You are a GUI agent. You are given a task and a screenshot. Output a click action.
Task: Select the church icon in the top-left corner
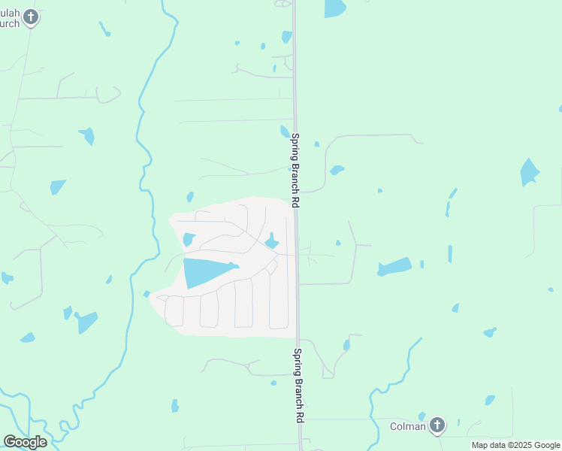tap(30, 17)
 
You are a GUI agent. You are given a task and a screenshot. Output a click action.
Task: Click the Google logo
tap(25, 442)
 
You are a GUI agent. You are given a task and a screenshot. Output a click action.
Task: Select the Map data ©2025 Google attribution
tap(515, 445)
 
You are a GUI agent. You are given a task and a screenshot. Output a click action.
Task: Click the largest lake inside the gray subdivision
tap(207, 272)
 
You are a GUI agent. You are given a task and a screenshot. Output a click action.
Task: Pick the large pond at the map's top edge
tap(335, 8)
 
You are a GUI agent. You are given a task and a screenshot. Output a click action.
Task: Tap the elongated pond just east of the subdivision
tap(394, 267)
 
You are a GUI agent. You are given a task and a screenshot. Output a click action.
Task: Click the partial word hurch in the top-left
tap(9, 23)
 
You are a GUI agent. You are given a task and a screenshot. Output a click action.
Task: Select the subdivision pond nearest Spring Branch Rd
tap(272, 241)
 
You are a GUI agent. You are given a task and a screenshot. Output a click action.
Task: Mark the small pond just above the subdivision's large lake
tap(189, 240)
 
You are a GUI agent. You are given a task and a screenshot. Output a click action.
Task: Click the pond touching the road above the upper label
tap(285, 132)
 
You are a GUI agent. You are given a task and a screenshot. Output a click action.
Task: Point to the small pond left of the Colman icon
tap(421, 416)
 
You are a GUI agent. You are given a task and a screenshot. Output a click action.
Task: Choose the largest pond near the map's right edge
tap(530, 173)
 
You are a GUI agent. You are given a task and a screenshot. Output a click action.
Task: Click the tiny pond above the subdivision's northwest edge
tap(190, 197)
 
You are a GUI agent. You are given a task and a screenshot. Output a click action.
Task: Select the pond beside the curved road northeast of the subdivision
tap(337, 170)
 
